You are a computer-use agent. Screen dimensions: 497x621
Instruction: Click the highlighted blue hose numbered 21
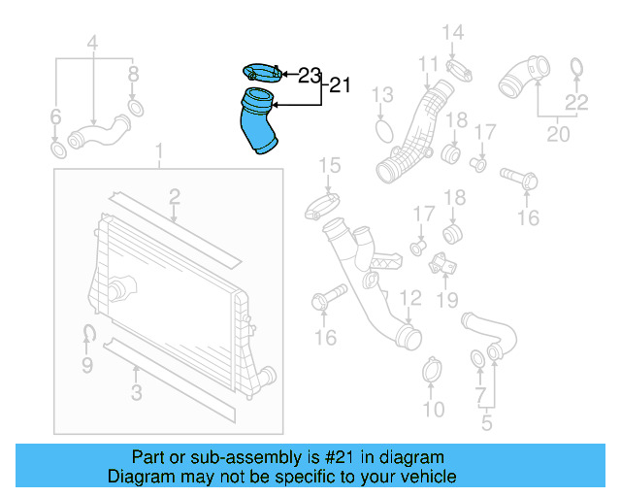258,122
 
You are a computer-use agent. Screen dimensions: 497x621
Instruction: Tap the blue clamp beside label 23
259,72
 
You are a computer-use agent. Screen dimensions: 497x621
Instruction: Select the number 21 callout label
338,85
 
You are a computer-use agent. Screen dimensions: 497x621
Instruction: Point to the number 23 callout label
309,74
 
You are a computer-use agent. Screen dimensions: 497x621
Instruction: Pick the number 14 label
453,34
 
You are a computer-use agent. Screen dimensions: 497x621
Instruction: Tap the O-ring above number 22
575,67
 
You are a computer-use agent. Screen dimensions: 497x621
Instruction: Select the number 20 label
558,134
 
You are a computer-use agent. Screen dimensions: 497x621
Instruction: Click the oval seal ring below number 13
383,130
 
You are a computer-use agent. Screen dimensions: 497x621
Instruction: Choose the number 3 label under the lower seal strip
136,392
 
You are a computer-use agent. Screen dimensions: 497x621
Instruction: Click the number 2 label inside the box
174,198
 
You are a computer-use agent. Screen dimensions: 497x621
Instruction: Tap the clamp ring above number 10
433,371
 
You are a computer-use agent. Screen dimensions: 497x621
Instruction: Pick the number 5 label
487,422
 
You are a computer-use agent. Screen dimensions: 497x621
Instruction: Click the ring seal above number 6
57,150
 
